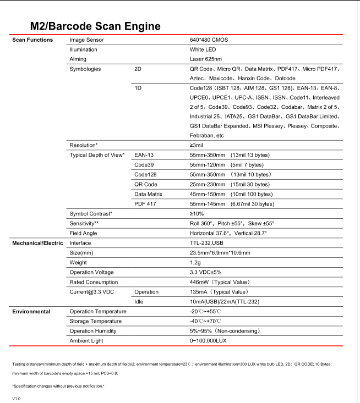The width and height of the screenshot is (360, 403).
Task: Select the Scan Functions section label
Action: (x=32, y=40)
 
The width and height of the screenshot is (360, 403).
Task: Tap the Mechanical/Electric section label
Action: (x=36, y=242)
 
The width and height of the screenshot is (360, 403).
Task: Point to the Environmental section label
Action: (x=31, y=312)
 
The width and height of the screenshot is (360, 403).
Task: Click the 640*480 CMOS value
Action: (x=209, y=40)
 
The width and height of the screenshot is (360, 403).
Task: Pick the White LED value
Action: (x=202, y=49)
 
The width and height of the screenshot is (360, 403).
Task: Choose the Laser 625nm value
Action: (x=206, y=59)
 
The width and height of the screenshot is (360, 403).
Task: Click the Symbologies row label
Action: (x=85, y=69)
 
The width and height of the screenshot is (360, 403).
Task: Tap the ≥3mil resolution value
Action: (x=197, y=145)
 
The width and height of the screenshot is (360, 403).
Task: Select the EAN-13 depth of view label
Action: (x=144, y=155)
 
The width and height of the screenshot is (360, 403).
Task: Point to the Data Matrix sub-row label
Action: (x=148, y=194)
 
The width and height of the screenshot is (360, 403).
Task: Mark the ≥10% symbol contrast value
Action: (x=197, y=213)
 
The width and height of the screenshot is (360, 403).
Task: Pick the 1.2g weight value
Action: (x=195, y=262)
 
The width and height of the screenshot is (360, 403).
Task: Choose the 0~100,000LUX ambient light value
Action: (x=208, y=341)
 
